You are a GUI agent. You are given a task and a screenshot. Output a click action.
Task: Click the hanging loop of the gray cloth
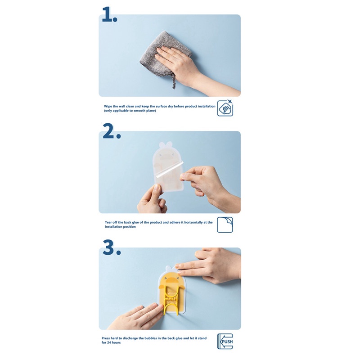tap(174, 81)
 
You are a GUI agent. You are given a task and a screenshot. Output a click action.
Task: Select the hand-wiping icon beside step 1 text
tap(225, 108)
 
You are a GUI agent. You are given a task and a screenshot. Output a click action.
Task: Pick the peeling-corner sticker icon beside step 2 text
tap(225, 225)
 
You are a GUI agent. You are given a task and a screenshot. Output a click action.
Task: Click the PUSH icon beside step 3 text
tap(225, 342)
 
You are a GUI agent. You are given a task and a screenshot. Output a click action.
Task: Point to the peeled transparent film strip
tap(170, 170)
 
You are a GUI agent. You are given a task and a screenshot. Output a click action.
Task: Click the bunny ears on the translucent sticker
tap(165, 144)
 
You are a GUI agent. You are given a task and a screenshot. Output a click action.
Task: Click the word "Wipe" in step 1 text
tap(108, 106)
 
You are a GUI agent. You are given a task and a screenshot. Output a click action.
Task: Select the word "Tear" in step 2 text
tap(108, 222)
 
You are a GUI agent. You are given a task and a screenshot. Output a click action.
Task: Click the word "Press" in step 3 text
tap(106, 338)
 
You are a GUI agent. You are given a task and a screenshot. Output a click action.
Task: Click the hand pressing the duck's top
tap(211, 266)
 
